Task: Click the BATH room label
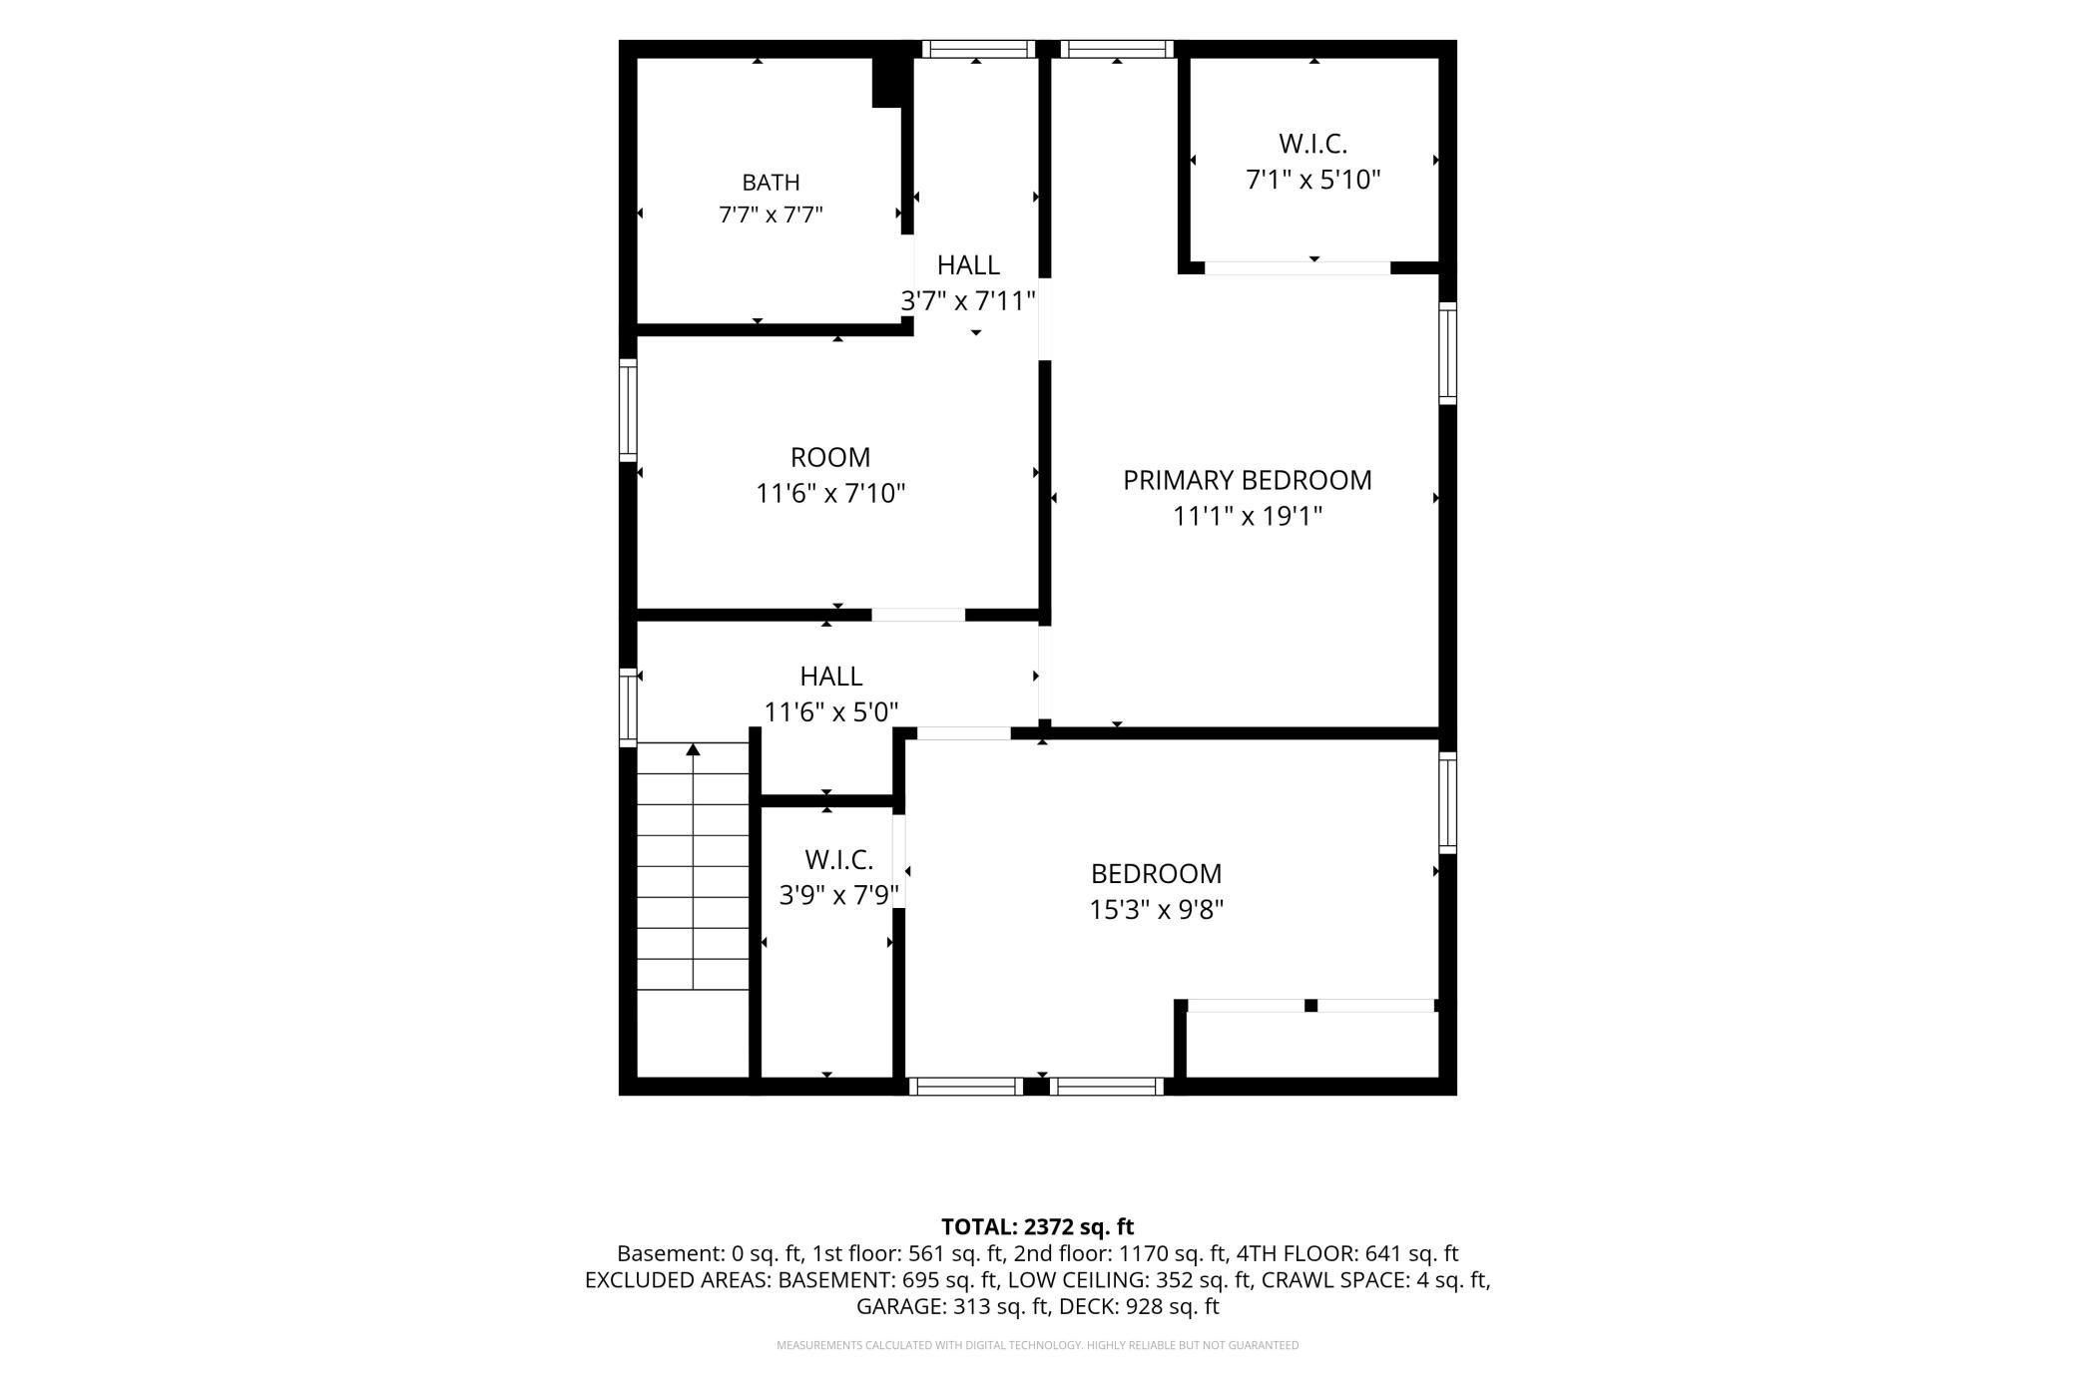pyautogui.click(x=771, y=183)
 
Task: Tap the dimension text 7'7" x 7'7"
pyautogui.click(x=771, y=215)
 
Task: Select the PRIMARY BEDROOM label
pyautogui.click(x=1248, y=480)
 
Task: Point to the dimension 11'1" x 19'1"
pyautogui.click(x=1248, y=516)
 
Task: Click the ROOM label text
pyautogui.click(x=830, y=457)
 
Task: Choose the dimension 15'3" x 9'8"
pyautogui.click(x=1157, y=909)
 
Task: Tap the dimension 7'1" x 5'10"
pyautogui.click(x=1313, y=180)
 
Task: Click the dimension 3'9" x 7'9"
pyautogui.click(x=839, y=895)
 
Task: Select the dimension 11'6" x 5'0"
pyautogui.click(x=831, y=711)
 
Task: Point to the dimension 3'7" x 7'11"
pyautogui.click(x=968, y=300)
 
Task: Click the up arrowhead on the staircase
pyautogui.click(x=693, y=749)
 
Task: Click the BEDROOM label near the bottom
pyautogui.click(x=1157, y=873)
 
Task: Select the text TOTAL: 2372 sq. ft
pyautogui.click(x=1038, y=1226)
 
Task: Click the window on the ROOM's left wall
pyautogui.click(x=628, y=409)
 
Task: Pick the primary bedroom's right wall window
pyautogui.click(x=1447, y=353)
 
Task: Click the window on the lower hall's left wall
pyautogui.click(x=628, y=706)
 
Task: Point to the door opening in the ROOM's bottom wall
pyautogui.click(x=918, y=615)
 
